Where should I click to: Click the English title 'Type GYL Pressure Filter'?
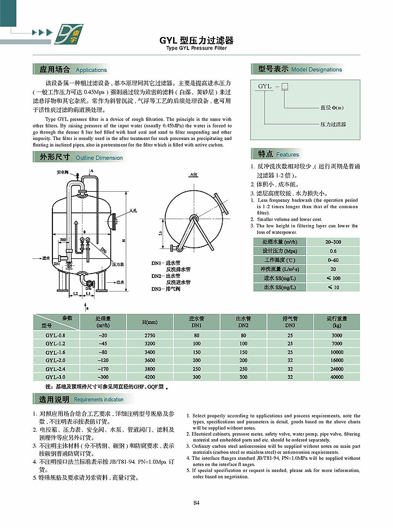pyautogui.click(x=196, y=48)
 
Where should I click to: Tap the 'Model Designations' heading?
pyautogui.click(x=317, y=69)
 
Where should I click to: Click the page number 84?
pyautogui.click(x=196, y=502)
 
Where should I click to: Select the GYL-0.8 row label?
pyautogui.click(x=55, y=335)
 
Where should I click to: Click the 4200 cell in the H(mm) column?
pyautogui.click(x=149, y=377)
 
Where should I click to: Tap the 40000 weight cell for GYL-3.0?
pyautogui.click(x=337, y=377)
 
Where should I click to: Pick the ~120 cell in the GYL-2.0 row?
pyautogui.click(x=102, y=360)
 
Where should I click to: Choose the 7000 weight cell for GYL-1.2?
pyautogui.click(x=337, y=344)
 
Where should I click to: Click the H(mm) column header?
pyautogui.click(x=149, y=321)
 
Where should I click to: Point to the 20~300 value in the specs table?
pyautogui.click(x=333, y=241)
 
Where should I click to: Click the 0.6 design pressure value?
pyautogui.click(x=333, y=251)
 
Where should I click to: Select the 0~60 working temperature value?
pyautogui.click(x=333, y=260)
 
